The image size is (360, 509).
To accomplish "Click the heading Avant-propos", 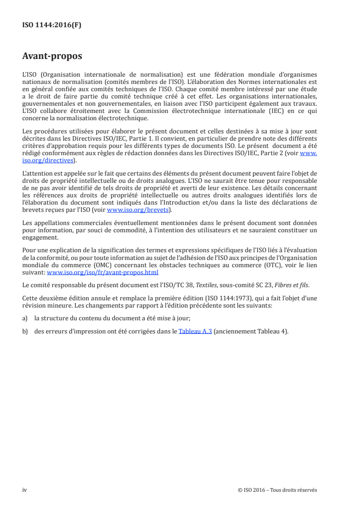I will (x=52, y=57).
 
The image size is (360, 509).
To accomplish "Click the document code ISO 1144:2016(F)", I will (x=52, y=25).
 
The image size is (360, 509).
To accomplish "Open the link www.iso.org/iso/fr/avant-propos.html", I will (x=103, y=272).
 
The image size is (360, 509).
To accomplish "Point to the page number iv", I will (x=25, y=490).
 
